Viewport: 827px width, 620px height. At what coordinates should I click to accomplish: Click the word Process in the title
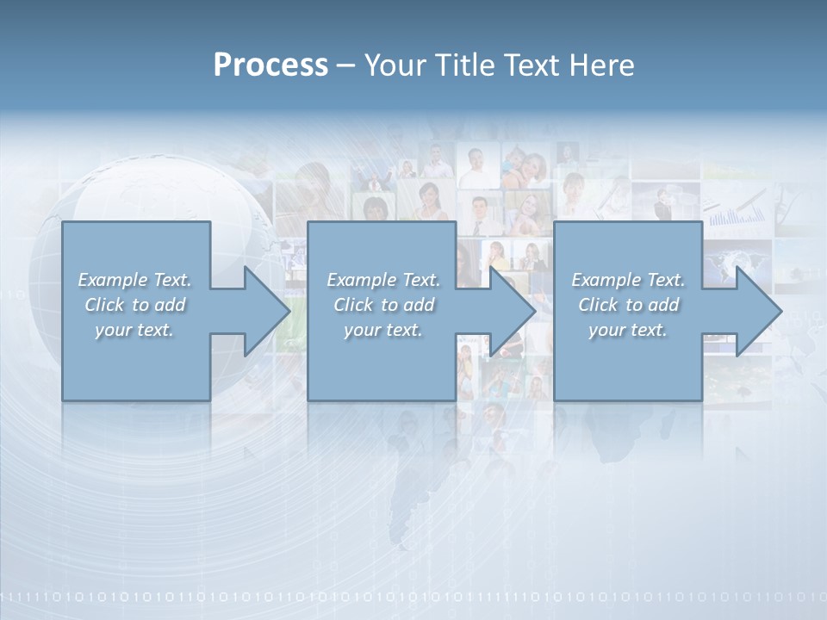click(270, 65)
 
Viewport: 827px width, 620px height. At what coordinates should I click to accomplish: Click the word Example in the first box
click(113, 280)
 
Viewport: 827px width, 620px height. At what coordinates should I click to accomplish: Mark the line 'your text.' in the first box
click(134, 330)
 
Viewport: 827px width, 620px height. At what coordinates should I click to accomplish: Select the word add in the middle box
click(419, 305)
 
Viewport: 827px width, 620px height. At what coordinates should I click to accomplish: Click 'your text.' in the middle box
click(382, 330)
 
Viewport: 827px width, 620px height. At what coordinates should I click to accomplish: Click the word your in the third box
click(606, 330)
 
